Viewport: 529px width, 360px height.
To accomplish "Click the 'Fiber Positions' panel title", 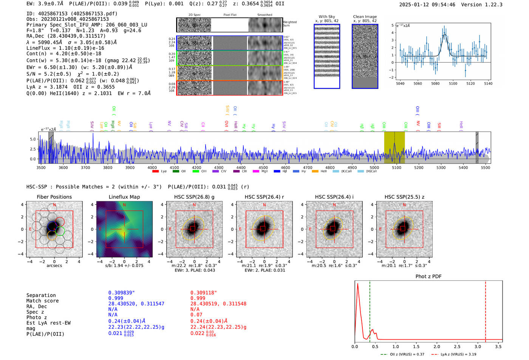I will [x=54, y=197].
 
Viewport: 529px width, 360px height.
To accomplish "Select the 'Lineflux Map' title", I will [x=124, y=197].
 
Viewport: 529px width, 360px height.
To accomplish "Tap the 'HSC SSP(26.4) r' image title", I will [x=264, y=197].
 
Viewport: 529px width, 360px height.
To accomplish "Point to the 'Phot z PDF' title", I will [x=428, y=277].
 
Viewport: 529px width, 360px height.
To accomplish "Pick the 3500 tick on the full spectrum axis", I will [x=41, y=167].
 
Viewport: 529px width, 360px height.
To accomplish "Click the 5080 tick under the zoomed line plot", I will [x=435, y=83].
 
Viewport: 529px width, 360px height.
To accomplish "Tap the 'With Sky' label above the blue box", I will [x=326, y=17].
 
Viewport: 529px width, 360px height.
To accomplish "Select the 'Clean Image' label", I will [x=365, y=17].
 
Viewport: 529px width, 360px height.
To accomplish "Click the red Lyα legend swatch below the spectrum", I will [x=155, y=172].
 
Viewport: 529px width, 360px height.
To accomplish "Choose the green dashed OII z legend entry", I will [x=402, y=354].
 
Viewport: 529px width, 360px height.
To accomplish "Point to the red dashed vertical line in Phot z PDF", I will [x=486, y=310].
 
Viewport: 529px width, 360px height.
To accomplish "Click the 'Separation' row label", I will [x=41, y=295].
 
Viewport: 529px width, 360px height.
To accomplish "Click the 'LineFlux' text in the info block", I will [x=38, y=48].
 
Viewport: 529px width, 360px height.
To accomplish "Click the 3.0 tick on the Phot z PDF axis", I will [x=478, y=346].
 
